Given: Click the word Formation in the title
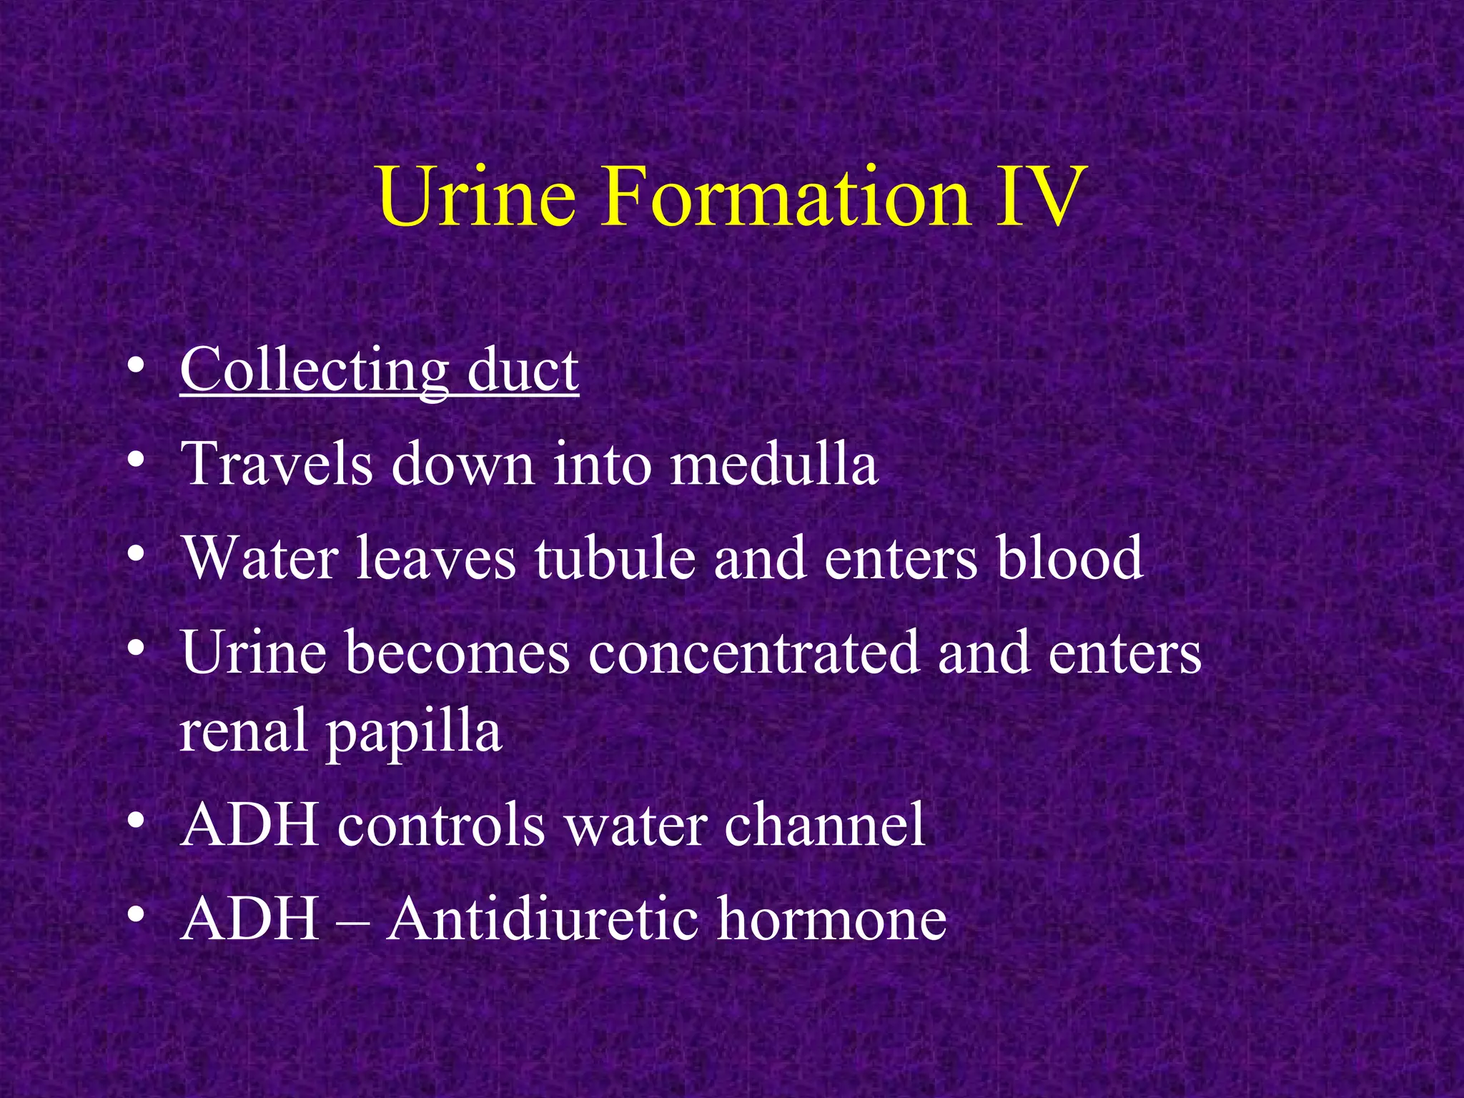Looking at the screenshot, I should coord(786,196).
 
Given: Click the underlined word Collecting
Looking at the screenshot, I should coord(315,370).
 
